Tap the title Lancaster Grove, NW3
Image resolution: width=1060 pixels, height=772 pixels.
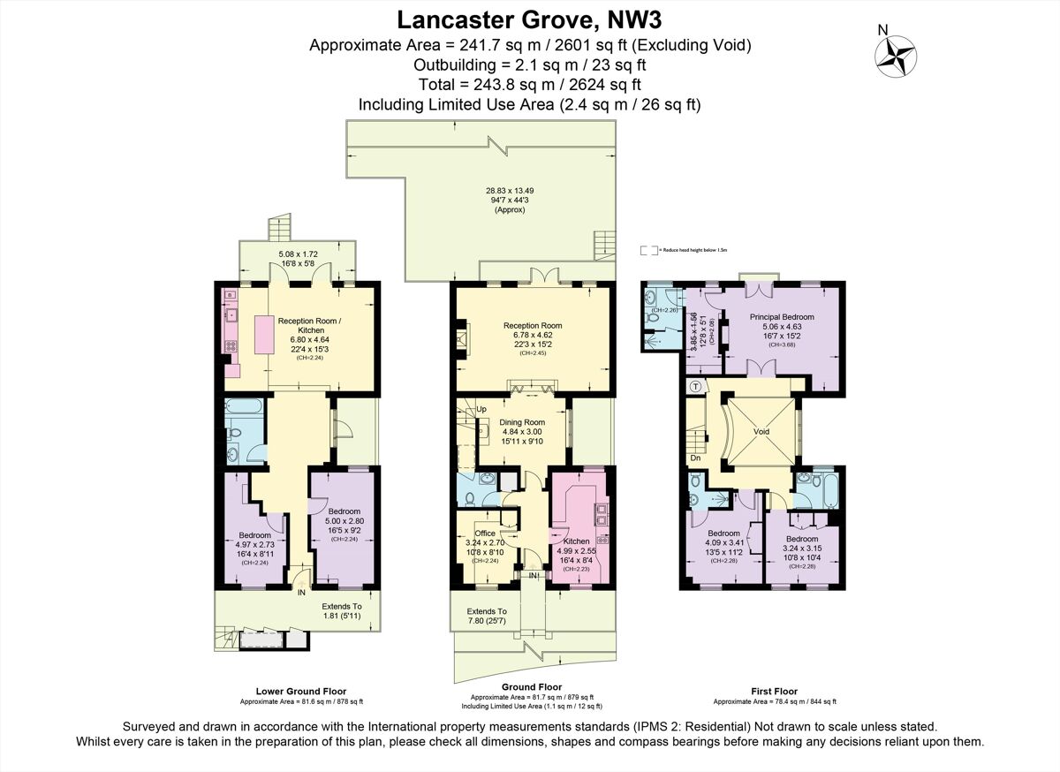coord(529,19)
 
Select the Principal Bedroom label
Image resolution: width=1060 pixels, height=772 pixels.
coord(782,316)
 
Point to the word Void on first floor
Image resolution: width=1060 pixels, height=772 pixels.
coord(761,431)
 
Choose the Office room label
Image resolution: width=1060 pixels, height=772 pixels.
coord(485,534)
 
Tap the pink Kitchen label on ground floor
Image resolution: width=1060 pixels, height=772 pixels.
coord(577,541)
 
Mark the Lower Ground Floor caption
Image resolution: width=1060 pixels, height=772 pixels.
coord(301,691)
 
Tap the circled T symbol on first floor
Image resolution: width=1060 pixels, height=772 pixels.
coord(695,386)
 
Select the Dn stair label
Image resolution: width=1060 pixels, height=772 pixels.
coord(695,458)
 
